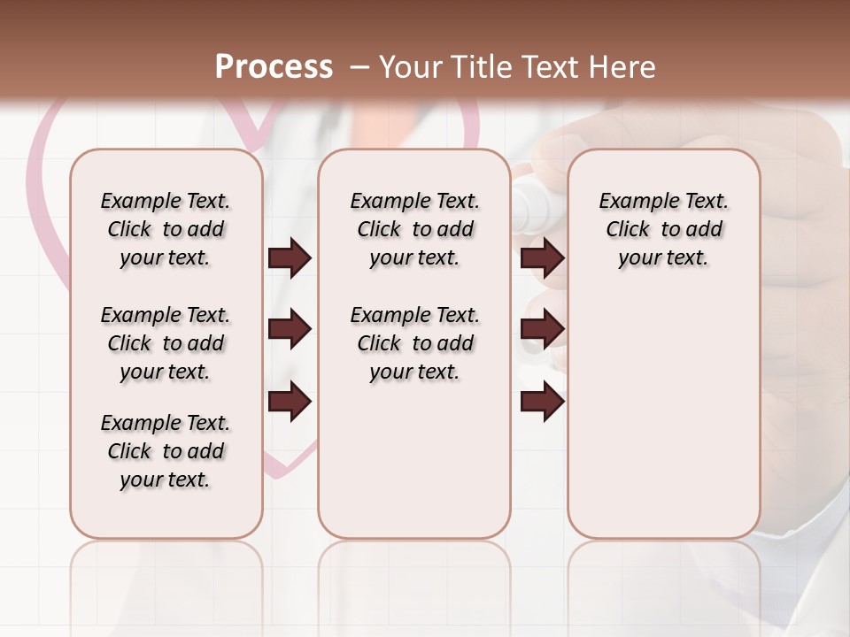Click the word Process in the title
[274, 67]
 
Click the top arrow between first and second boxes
[290, 257]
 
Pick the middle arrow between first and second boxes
[290, 329]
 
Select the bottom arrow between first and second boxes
[290, 402]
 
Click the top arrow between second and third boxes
[543, 257]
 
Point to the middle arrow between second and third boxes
[543, 329]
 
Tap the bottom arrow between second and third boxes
[543, 402]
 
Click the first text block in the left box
[166, 229]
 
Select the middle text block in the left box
[166, 343]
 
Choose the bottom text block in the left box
[166, 451]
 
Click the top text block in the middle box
[414, 229]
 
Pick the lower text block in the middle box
[414, 343]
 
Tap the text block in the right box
[663, 229]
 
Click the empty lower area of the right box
[663, 416]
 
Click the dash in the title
[359, 67]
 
